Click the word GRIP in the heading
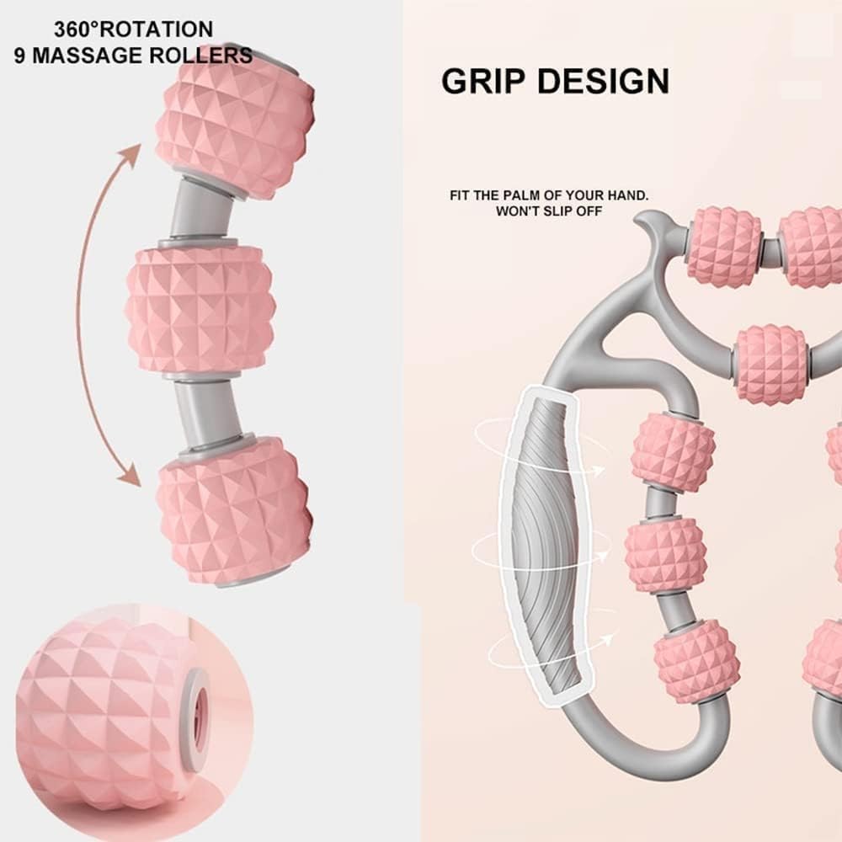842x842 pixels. (x=485, y=82)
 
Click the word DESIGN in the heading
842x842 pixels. (x=604, y=82)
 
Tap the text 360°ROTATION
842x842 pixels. (x=134, y=29)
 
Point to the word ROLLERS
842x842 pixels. (x=207, y=56)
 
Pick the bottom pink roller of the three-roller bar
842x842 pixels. (x=234, y=510)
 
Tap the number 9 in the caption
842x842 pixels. (x=19, y=56)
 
